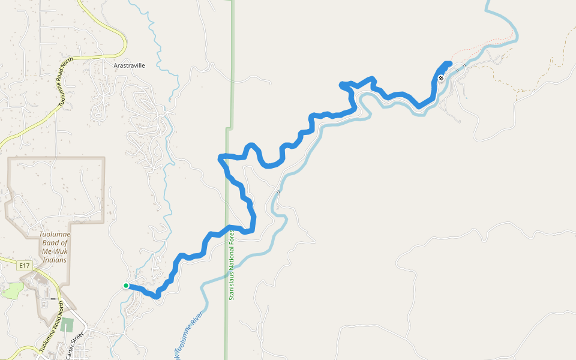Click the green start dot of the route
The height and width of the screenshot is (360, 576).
coord(126,286)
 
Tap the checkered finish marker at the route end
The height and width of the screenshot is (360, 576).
coord(441,78)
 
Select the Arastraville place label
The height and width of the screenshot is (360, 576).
coord(130,65)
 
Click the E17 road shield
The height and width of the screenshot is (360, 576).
coord(25,265)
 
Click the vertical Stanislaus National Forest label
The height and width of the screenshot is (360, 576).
coord(232,264)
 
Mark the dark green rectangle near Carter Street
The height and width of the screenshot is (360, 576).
coord(67,325)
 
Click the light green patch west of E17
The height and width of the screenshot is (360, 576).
coord(12,290)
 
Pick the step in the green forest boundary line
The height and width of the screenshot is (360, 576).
coord(229,128)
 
